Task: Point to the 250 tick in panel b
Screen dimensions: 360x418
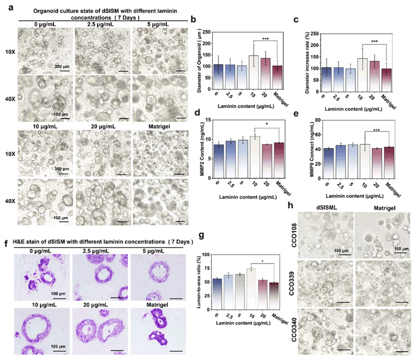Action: [206, 32]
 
